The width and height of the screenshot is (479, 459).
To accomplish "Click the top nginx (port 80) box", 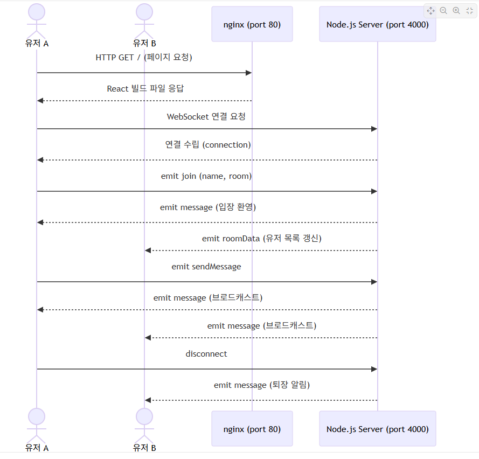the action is [252, 24].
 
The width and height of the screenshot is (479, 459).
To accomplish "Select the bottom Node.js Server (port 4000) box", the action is [377, 429].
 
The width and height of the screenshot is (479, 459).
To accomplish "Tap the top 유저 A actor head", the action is [37, 12].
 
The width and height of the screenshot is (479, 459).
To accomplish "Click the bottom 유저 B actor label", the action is [144, 448].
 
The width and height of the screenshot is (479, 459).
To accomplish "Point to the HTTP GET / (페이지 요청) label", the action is [144, 58].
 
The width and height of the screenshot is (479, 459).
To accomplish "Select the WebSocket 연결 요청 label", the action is [206, 117].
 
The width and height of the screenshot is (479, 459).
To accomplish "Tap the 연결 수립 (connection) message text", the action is [207, 145].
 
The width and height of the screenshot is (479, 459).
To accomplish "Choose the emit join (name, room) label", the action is [206, 176].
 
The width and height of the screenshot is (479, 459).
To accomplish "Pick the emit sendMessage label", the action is [206, 267].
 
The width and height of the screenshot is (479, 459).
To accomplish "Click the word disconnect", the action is [206, 354].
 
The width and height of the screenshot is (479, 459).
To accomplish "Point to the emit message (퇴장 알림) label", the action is [261, 385].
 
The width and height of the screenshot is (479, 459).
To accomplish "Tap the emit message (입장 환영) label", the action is [207, 207].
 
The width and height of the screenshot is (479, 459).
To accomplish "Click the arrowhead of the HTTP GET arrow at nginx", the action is [248, 73].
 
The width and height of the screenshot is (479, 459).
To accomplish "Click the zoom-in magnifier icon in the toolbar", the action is [456, 11].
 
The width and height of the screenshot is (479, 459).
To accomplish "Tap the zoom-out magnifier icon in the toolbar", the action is [443, 11].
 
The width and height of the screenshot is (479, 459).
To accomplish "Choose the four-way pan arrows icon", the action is [431, 11].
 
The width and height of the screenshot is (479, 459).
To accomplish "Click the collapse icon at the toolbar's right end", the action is [469, 11].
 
